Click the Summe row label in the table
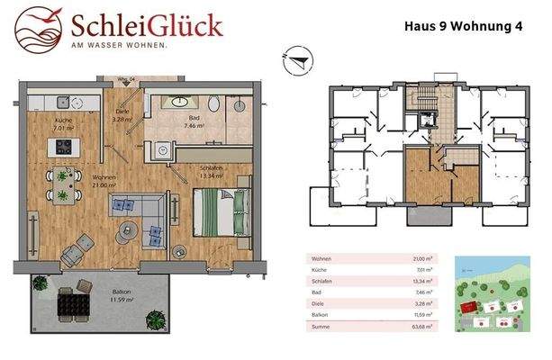tap(316, 338)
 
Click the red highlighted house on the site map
tap(468, 307)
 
